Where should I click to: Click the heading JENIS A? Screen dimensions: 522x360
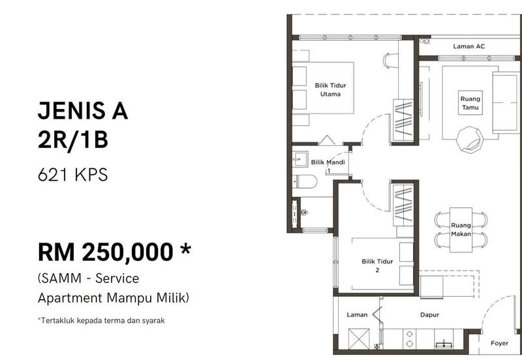point(83,110)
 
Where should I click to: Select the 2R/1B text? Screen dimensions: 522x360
point(73,140)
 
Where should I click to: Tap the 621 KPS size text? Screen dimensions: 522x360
point(73,175)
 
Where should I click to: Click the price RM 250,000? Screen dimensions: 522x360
point(106,252)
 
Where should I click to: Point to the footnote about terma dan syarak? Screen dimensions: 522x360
point(101,320)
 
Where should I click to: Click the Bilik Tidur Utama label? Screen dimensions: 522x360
point(330,89)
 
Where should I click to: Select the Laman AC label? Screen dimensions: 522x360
point(468,46)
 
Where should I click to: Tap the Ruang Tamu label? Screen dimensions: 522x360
point(470,103)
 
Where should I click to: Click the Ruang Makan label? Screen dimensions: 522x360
point(461,230)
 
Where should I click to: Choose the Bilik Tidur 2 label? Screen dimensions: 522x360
point(377,265)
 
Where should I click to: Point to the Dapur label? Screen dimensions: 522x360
point(429,314)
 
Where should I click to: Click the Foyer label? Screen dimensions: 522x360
point(499,343)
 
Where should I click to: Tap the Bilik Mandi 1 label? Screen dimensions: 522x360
point(328,166)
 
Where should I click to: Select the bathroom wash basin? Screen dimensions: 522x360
point(300,160)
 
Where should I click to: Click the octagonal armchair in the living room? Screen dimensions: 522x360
point(470,139)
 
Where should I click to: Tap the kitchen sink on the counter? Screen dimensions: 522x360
point(444,344)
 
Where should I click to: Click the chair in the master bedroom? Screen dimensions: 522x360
point(390,61)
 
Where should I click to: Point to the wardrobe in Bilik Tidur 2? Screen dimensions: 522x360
point(403,205)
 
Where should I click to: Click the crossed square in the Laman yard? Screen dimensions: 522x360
point(358,338)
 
